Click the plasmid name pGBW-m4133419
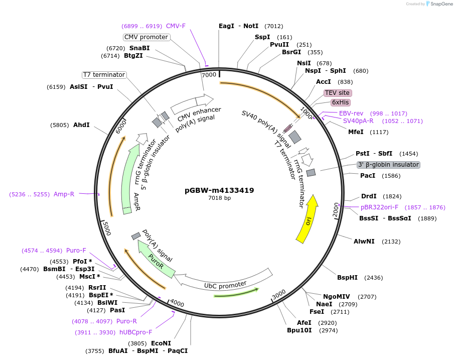tap(219, 190)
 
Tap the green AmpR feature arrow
tap(131, 176)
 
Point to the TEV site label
tap(337, 93)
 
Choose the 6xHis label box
tap(341, 102)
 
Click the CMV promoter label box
tap(146, 37)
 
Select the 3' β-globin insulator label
tap(388, 165)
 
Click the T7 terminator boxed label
tap(104, 75)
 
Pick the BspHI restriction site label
tap(347, 278)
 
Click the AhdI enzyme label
tap(81, 125)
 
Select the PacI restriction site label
tap(368, 176)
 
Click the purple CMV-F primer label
tap(176, 26)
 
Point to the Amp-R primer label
tap(64, 194)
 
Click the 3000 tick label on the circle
tap(279, 293)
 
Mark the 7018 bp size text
tap(219, 198)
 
